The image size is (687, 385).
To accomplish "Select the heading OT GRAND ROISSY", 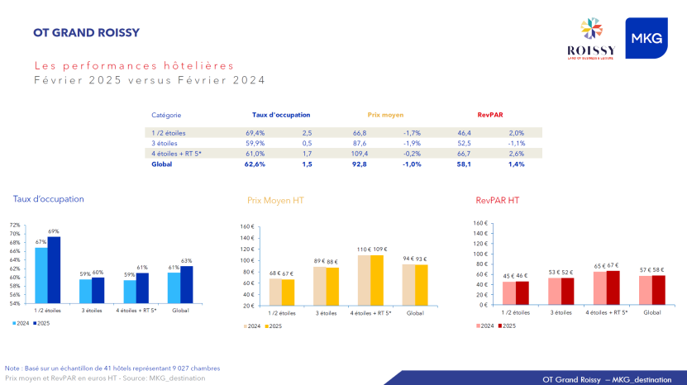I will tap(86, 34).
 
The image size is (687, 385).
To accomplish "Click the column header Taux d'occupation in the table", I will tap(281, 115).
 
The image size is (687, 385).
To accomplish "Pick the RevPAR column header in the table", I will tap(489, 115).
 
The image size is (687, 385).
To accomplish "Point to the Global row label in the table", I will tap(162, 164).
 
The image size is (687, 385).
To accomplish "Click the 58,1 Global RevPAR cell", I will tap(464, 164).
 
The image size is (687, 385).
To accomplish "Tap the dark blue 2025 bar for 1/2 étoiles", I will tap(54, 270).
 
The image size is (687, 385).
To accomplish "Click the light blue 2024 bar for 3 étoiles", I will tap(85, 291).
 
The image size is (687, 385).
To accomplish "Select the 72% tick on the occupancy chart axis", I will tap(14, 225).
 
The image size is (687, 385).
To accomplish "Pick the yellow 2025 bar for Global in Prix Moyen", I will tap(422, 284).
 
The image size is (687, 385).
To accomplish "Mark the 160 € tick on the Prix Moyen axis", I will tap(246, 226).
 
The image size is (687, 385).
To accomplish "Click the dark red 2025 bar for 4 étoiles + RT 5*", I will tap(613, 287).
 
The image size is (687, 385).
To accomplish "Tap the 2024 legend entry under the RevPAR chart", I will tap(486, 326).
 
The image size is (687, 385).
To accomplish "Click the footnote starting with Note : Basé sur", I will tap(112, 368).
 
